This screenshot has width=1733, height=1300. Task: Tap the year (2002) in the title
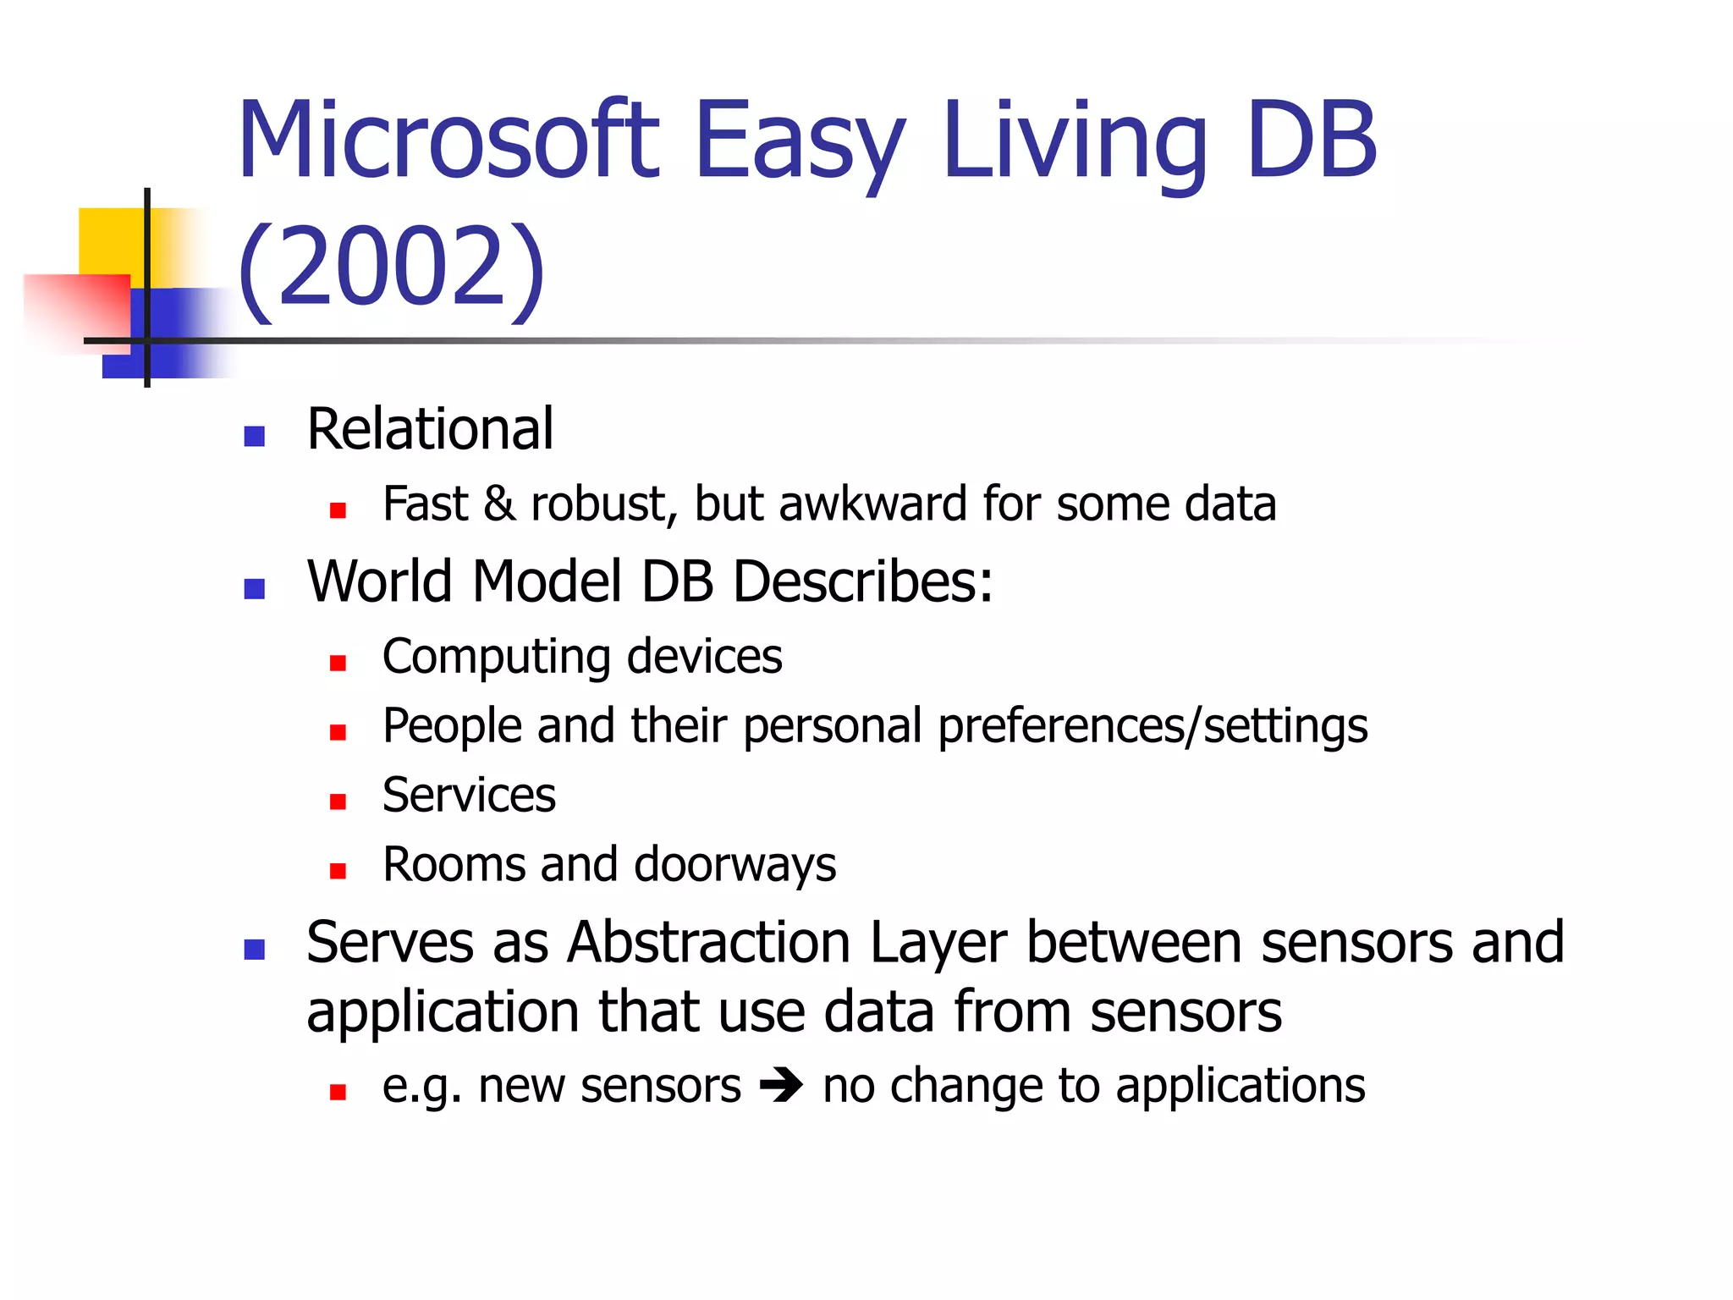click(x=391, y=267)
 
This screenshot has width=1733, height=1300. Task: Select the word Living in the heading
click(x=1075, y=141)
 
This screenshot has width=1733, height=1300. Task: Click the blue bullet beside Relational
click(x=254, y=436)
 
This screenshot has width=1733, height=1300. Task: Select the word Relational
click(x=430, y=429)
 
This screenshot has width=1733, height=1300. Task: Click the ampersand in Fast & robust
click(x=499, y=504)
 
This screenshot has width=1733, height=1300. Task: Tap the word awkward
click(x=872, y=504)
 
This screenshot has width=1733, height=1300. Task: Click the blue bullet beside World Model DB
click(x=254, y=588)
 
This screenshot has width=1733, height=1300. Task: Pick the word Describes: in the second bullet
click(x=862, y=581)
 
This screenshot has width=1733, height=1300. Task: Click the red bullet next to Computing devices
click(x=338, y=663)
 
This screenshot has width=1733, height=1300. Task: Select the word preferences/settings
click(x=1153, y=727)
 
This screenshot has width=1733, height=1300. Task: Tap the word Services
click(x=469, y=796)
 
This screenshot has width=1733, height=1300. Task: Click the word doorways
click(x=734, y=866)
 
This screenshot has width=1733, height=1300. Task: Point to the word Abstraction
click(x=709, y=943)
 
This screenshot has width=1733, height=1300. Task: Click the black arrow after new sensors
click(x=781, y=1086)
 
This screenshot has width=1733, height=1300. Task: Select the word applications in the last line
click(x=1240, y=1087)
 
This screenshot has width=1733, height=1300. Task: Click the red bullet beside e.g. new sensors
click(x=338, y=1093)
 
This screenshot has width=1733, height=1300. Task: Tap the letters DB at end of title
click(x=1312, y=141)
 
